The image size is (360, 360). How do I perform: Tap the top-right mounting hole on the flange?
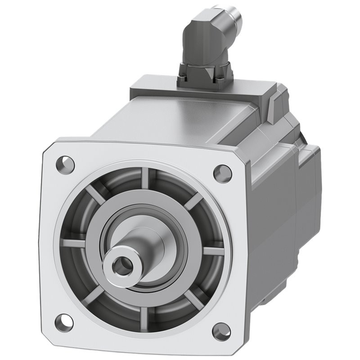tap(222, 173)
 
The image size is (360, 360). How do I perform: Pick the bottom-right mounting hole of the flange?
tap(221, 331)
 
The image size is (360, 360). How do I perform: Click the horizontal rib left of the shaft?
tap(74, 243)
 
